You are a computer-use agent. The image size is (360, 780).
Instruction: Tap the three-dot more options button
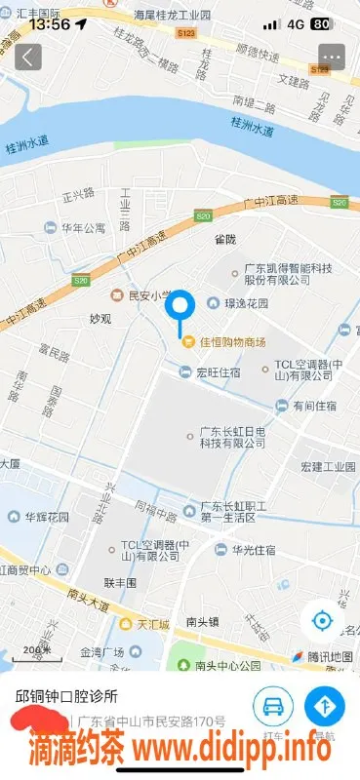pyautogui.click(x=332, y=57)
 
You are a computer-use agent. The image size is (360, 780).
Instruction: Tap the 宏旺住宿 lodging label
pyautogui.click(x=217, y=370)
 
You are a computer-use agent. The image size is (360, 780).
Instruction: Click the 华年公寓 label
pyautogui.click(x=83, y=228)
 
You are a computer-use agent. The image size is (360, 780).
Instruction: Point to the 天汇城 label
pyautogui.click(x=151, y=623)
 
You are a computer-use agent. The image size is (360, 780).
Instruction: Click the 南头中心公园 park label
pyautogui.click(x=227, y=666)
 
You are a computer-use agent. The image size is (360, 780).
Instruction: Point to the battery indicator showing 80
pyautogui.click(x=319, y=23)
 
